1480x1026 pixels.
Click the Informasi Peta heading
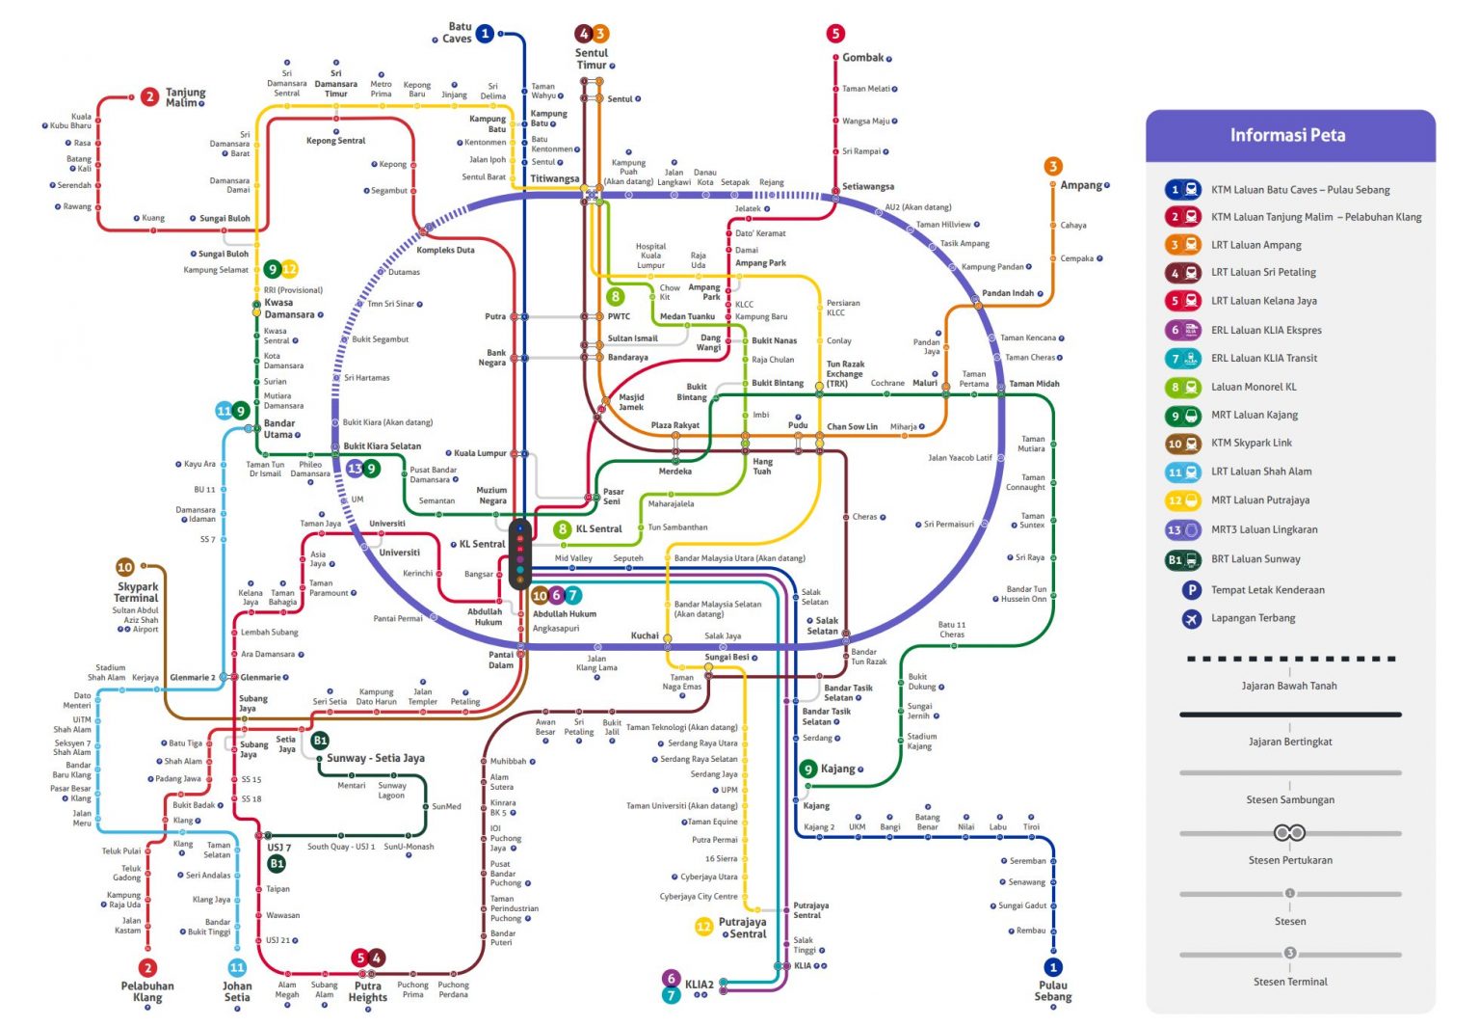coord(1287,135)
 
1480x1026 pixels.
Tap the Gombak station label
coord(862,58)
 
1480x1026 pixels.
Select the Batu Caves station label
coord(458,33)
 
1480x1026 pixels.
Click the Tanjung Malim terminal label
coord(185,97)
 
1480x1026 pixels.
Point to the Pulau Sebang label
coord(1053,991)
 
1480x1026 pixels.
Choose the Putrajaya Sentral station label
coord(742,928)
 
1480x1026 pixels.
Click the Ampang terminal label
coord(1081,185)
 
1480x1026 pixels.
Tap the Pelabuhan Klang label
coord(147,991)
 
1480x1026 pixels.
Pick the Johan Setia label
coord(237,991)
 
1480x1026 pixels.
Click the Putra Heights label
coord(368,991)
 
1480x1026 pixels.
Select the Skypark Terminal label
coord(137,592)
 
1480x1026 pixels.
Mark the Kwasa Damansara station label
coord(289,309)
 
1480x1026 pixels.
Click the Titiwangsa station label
coord(554,179)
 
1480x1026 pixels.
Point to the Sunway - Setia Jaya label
coord(375,758)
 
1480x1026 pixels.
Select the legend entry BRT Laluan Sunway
coord(1255,559)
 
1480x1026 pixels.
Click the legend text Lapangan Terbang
coord(1253,618)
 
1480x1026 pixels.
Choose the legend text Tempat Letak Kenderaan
coord(1267,589)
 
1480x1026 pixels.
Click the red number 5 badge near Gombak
coord(835,34)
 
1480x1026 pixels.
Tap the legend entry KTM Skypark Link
coord(1251,444)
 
